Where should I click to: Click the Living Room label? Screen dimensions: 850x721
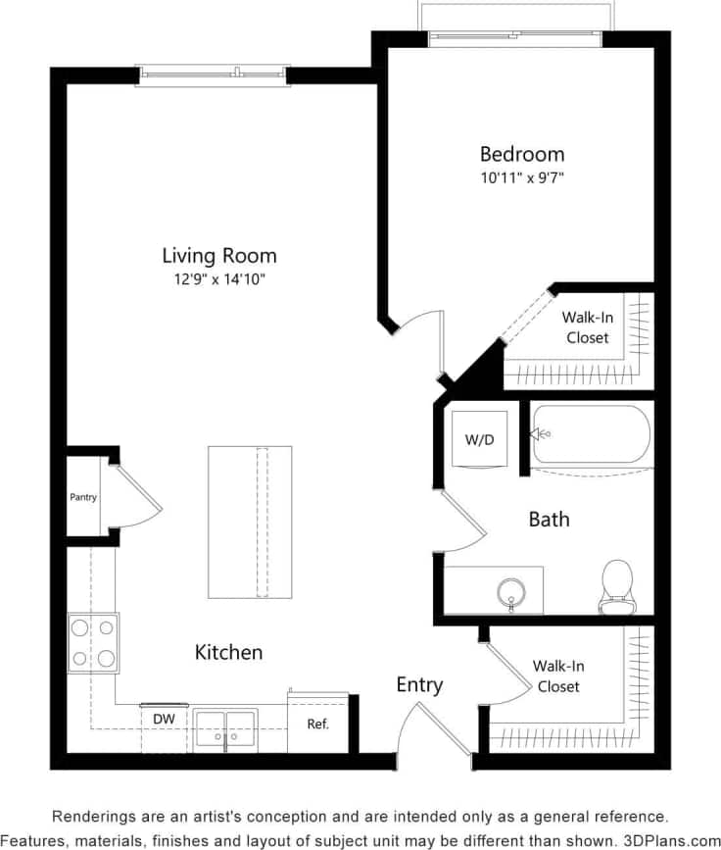click(x=218, y=256)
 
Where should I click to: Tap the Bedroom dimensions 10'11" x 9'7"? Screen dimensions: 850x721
click(x=521, y=178)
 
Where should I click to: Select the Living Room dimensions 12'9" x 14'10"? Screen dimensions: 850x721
click(x=218, y=280)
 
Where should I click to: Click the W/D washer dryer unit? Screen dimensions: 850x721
click(x=479, y=439)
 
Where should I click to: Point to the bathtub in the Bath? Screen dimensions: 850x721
click(x=591, y=434)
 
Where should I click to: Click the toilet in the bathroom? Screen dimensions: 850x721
click(x=617, y=585)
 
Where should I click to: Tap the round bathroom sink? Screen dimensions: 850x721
click(x=511, y=591)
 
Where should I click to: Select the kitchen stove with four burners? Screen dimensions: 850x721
click(x=93, y=642)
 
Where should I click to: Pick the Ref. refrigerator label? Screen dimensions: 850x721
click(x=317, y=725)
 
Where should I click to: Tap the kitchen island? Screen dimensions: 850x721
click(x=250, y=522)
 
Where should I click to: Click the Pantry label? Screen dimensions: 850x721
click(x=83, y=497)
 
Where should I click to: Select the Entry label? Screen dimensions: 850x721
click(x=419, y=684)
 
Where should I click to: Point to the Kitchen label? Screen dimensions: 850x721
click(x=228, y=652)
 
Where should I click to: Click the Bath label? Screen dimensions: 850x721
click(x=549, y=520)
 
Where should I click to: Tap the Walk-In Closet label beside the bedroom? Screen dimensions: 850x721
click(x=586, y=327)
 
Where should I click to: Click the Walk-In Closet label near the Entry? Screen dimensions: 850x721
click(x=557, y=676)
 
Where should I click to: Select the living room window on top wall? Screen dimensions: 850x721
click(x=213, y=74)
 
